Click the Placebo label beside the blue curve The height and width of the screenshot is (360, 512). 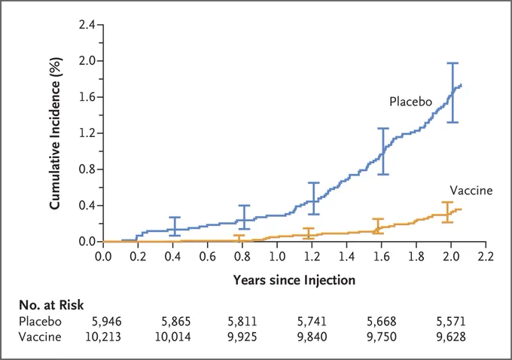[x=411, y=102]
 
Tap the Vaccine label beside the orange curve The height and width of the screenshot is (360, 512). [x=471, y=190]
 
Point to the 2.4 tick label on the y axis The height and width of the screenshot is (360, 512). [x=87, y=25]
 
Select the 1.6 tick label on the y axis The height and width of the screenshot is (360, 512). [x=87, y=97]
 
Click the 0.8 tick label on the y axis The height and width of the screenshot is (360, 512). [x=87, y=169]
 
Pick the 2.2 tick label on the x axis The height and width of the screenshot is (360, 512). [x=486, y=256]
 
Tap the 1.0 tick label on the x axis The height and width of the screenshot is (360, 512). [x=277, y=256]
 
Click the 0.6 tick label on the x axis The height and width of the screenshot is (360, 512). [x=207, y=256]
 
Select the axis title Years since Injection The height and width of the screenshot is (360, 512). [x=294, y=280]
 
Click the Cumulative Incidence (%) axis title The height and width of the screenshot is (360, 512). [x=55, y=133]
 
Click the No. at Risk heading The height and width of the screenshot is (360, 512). [x=51, y=305]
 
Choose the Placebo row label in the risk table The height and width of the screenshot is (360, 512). [x=40, y=322]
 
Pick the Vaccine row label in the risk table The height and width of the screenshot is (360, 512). [x=40, y=337]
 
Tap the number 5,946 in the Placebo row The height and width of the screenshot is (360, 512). [x=107, y=322]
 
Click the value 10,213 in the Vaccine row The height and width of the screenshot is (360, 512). [x=103, y=337]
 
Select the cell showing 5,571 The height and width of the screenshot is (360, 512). [x=451, y=322]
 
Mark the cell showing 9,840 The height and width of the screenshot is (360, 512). [x=312, y=337]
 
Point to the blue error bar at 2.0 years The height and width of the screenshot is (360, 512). [x=453, y=93]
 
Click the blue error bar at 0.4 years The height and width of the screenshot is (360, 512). [x=175, y=227]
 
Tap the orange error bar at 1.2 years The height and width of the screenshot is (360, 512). [x=308, y=233]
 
